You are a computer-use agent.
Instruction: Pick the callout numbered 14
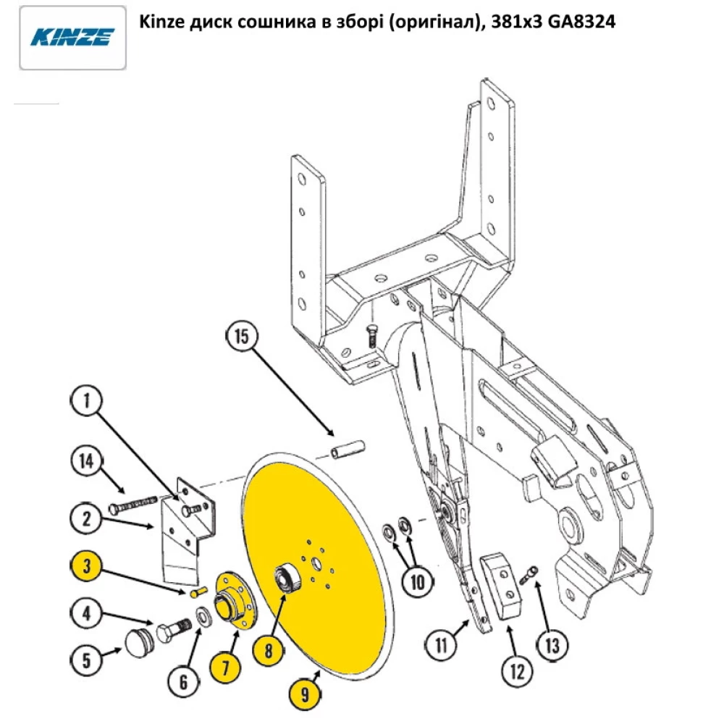(x=87, y=462)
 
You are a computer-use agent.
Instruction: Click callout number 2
(x=87, y=518)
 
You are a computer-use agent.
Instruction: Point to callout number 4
(x=87, y=615)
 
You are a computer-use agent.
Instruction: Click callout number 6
(x=182, y=681)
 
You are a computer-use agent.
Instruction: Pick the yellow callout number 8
(x=269, y=649)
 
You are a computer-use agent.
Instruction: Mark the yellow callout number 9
(x=304, y=696)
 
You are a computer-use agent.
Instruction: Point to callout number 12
(x=515, y=673)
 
